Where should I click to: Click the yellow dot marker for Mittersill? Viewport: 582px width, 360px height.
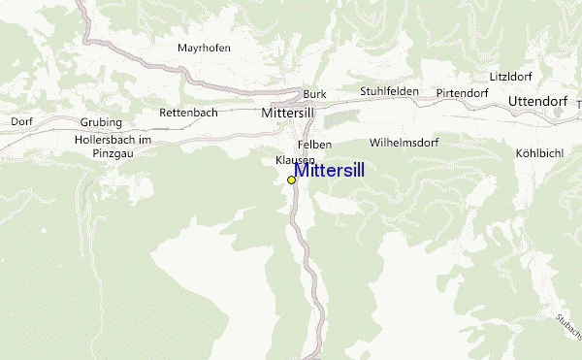pyautogui.click(x=291, y=180)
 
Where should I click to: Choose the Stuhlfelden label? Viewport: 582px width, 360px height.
pyautogui.click(x=389, y=91)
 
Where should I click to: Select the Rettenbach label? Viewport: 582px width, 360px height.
pyautogui.click(x=188, y=113)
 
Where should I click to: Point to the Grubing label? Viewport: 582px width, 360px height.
pyautogui.click(x=101, y=122)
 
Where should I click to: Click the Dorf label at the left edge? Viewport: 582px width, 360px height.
pyautogui.click(x=21, y=121)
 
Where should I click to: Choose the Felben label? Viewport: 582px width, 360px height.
pyautogui.click(x=315, y=145)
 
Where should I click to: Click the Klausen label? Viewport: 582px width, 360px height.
pyautogui.click(x=295, y=159)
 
